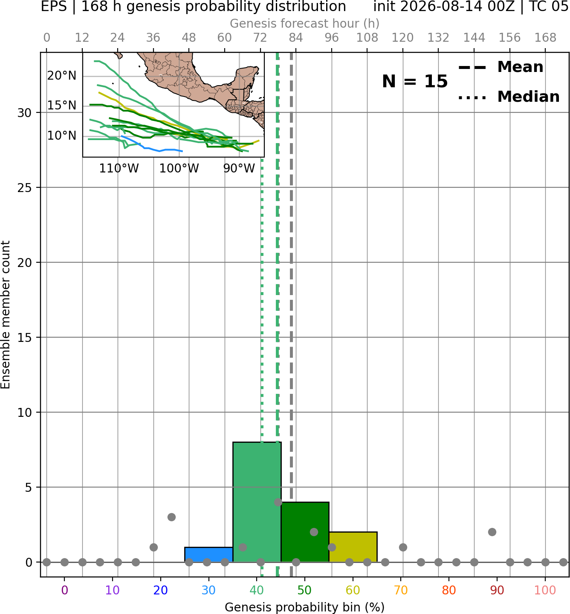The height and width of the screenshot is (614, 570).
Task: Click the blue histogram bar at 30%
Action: pyautogui.click(x=208, y=554)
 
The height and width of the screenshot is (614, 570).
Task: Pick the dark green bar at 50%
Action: pyautogui.click(x=305, y=532)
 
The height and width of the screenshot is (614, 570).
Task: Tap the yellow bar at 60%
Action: pyautogui.click(x=353, y=547)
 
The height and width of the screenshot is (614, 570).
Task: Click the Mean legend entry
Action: pyautogui.click(x=501, y=67)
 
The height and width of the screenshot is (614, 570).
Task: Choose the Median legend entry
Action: pyautogui.click(x=509, y=97)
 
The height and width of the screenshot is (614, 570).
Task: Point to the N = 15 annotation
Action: pyautogui.click(x=415, y=81)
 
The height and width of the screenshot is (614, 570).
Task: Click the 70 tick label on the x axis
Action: pyautogui.click(x=401, y=590)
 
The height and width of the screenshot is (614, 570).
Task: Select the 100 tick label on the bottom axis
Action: pyautogui.click(x=545, y=590)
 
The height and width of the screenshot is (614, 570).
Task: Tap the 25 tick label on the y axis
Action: pyautogui.click(x=25, y=187)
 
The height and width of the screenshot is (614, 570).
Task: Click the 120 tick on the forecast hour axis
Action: pyautogui.click(x=402, y=38)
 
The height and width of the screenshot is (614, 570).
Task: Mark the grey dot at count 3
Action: pyautogui.click(x=171, y=517)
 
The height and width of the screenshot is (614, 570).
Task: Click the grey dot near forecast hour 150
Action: pyautogui.click(x=492, y=532)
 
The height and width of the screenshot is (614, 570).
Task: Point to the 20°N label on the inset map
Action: pyautogui.click(x=62, y=75)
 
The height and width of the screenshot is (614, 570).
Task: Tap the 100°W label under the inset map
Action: pyautogui.click(x=179, y=169)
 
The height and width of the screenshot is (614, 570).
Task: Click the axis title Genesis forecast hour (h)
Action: pyautogui.click(x=304, y=23)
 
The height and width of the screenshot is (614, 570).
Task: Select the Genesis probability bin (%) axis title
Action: pyautogui.click(x=304, y=607)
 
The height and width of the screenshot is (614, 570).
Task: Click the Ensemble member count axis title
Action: pyautogui.click(x=5, y=315)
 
